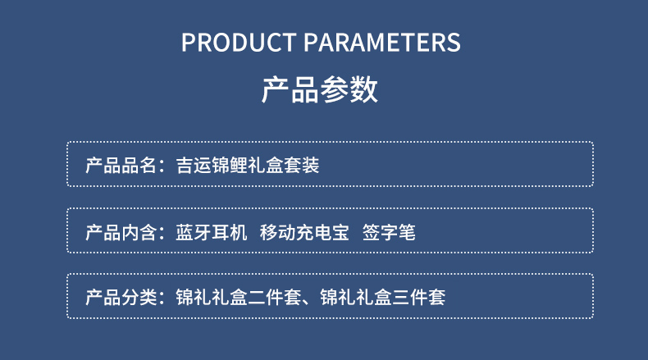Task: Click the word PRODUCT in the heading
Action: click(x=239, y=42)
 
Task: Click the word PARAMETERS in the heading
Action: click(x=382, y=42)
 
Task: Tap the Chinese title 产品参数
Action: click(x=319, y=89)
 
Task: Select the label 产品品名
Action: click(x=121, y=166)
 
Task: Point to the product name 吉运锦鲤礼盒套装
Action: click(x=248, y=166)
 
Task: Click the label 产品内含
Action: click(x=121, y=232)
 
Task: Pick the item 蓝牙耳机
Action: click(x=212, y=232)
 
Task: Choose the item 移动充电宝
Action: click(x=304, y=232)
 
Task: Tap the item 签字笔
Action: click(x=389, y=232)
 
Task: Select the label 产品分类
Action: click(x=121, y=297)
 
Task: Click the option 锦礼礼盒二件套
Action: click(x=239, y=297)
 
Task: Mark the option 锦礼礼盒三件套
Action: click(x=383, y=297)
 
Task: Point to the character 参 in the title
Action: click(x=335, y=89)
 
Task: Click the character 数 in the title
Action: click(x=363, y=89)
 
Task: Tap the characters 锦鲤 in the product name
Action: click(x=230, y=166)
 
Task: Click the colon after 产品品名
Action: click(x=162, y=166)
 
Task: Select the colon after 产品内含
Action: click(x=162, y=233)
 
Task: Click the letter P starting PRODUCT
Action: click(x=189, y=42)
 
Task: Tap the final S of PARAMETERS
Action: click(x=454, y=42)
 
